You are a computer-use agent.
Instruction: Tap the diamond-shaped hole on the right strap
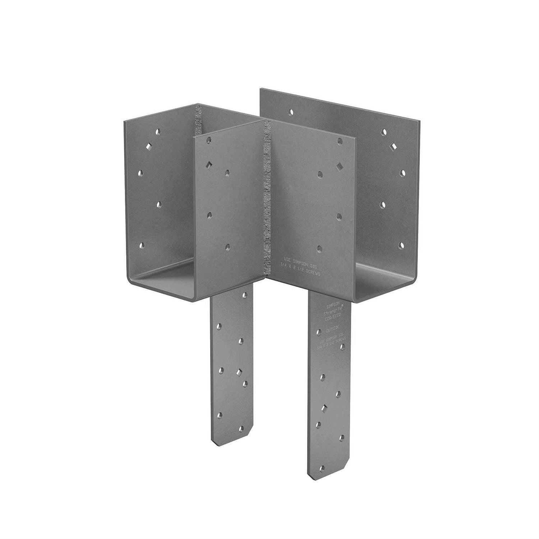point(324,408)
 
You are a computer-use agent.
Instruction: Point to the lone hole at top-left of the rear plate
point(290,112)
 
